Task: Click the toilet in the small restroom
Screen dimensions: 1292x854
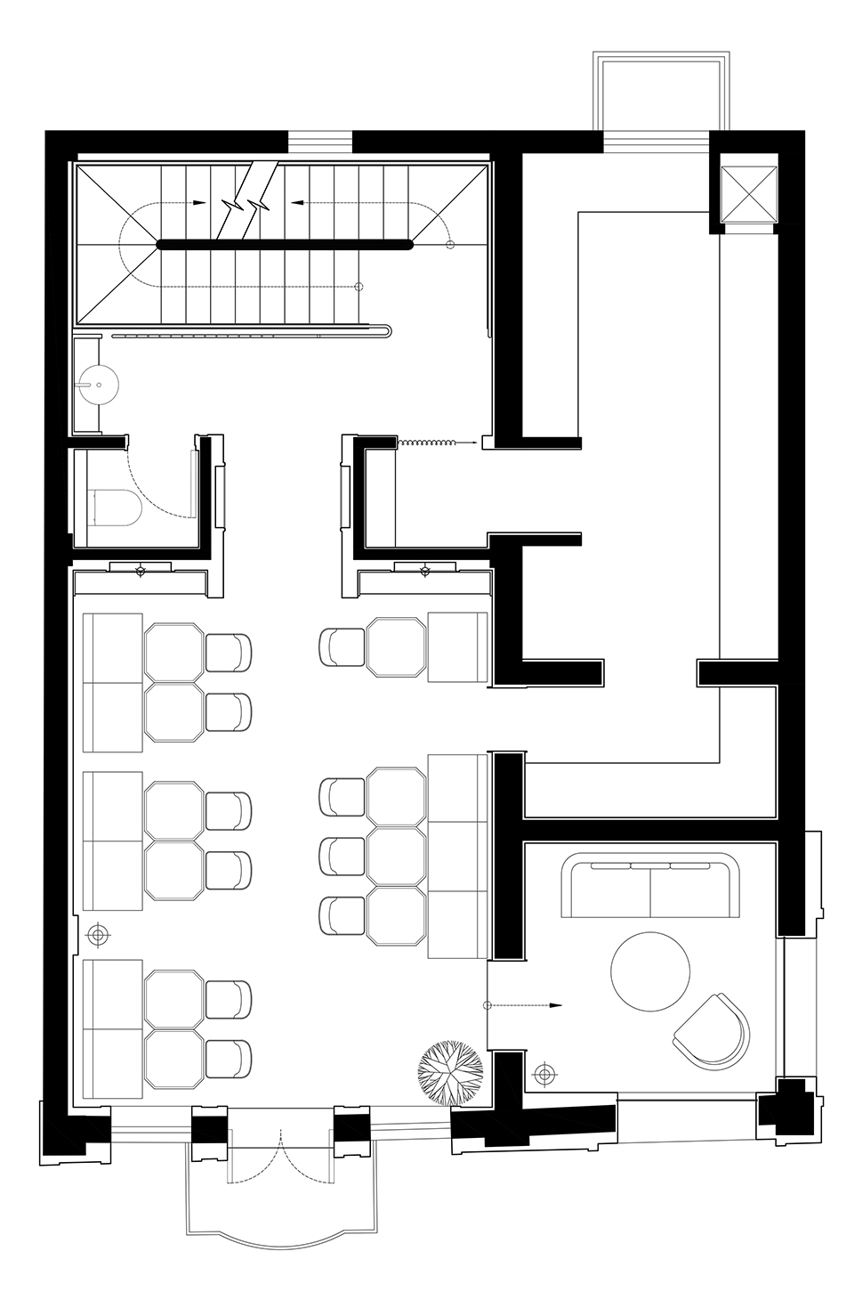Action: (117, 507)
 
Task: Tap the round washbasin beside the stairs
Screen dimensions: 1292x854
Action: (97, 383)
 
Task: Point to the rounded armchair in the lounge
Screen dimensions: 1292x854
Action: (713, 1034)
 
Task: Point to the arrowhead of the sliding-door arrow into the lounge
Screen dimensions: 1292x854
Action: (556, 1005)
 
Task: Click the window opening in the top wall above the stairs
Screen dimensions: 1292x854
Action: (320, 142)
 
